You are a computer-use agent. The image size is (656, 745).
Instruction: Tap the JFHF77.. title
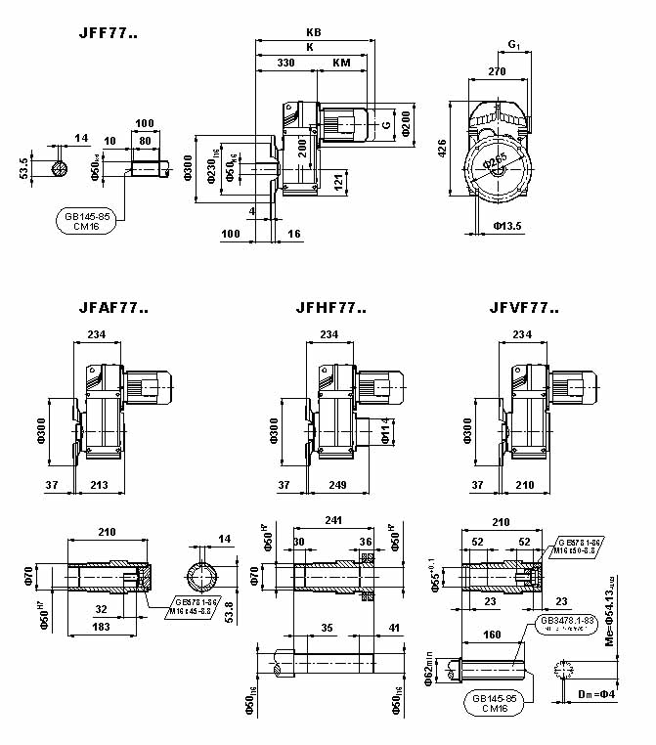(330, 308)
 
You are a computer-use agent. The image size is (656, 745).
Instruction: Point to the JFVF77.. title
(524, 308)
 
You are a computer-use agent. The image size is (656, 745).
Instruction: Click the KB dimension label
(313, 32)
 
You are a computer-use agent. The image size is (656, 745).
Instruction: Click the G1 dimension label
(514, 45)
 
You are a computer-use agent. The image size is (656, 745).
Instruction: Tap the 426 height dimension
(442, 149)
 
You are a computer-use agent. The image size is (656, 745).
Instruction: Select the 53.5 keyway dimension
(22, 167)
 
